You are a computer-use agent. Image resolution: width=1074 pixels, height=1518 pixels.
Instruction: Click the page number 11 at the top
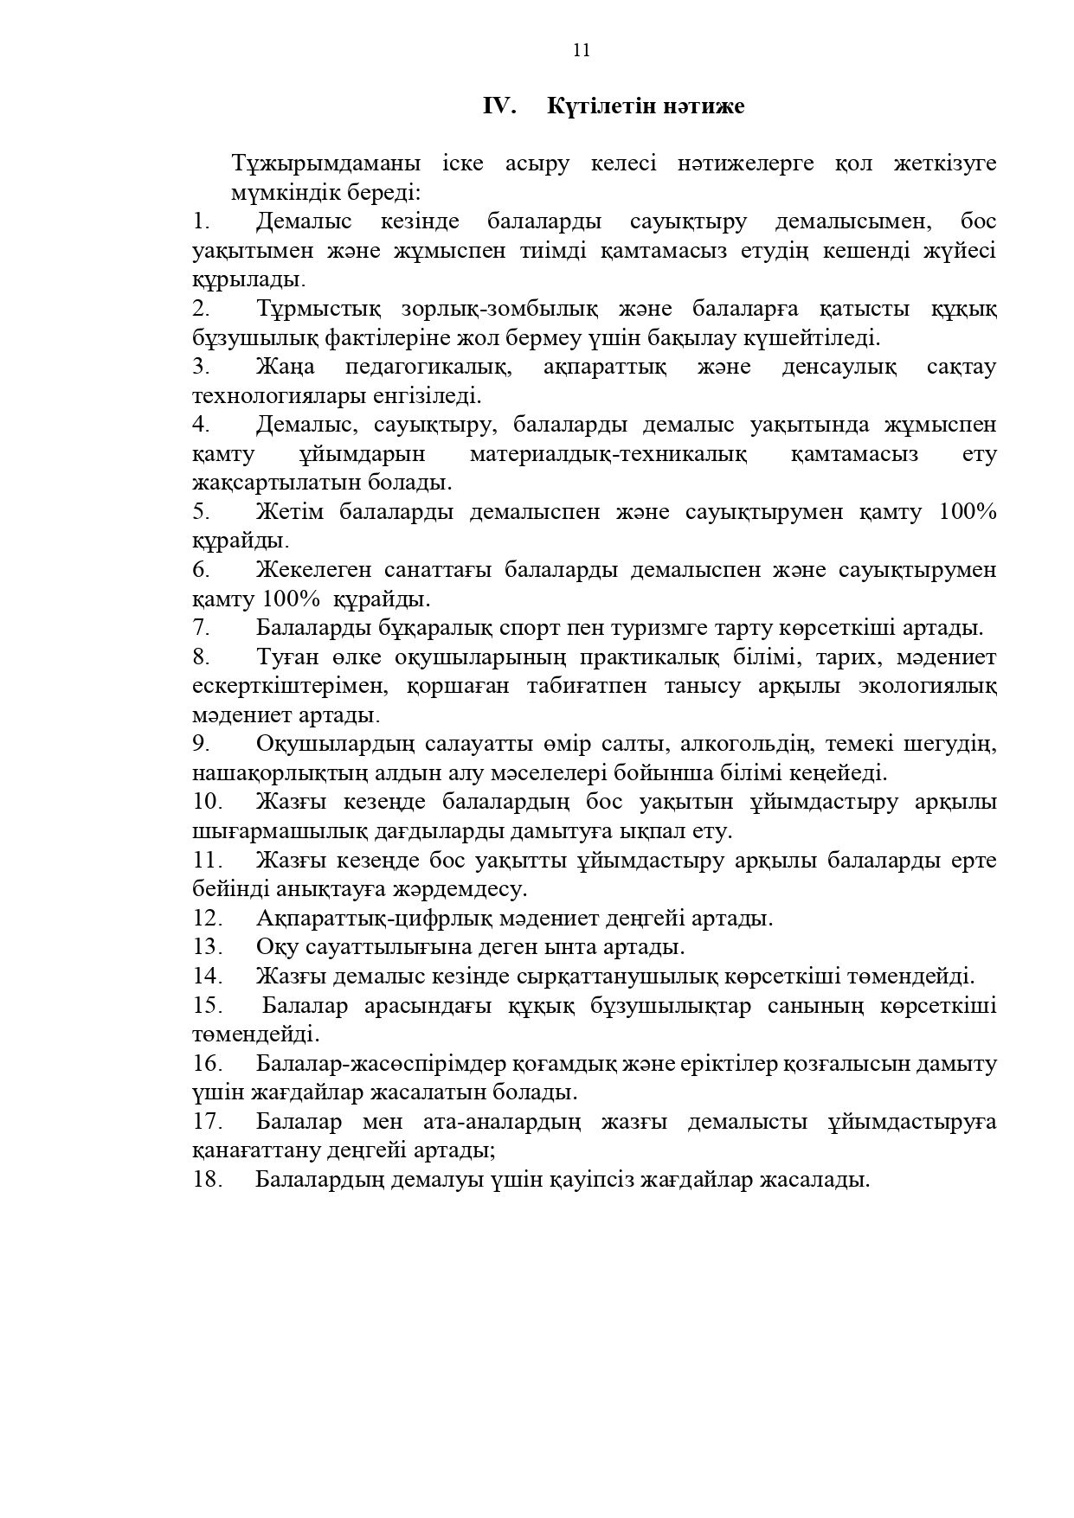tap(582, 50)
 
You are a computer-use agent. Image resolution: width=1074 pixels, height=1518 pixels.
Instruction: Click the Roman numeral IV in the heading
tap(499, 106)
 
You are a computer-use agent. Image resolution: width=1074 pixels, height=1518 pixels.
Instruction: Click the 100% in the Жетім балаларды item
tap(968, 512)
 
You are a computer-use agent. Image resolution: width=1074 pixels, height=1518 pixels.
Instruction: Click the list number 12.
tap(208, 918)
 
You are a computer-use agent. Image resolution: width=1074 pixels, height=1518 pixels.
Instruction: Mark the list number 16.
tap(208, 1063)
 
